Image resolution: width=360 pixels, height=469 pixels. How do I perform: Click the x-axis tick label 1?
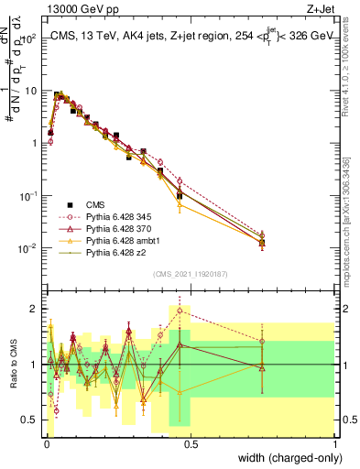click(x=335, y=442)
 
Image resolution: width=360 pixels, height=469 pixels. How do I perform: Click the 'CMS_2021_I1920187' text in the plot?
click(x=190, y=274)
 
